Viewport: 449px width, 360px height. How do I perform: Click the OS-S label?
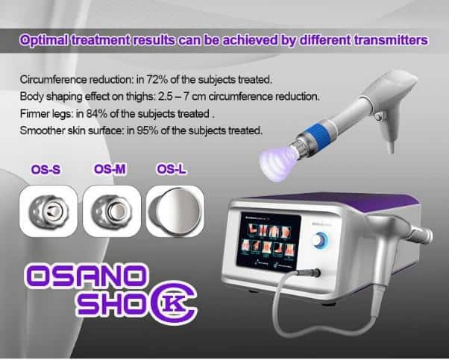point(45,170)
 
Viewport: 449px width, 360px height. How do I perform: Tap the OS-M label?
point(110,169)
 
